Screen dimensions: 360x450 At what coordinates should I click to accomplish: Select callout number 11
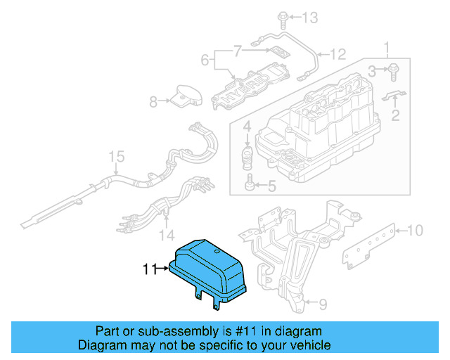tap(148, 268)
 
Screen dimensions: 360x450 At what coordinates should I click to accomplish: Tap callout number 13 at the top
tap(310, 16)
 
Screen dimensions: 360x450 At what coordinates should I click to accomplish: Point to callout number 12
tap(340, 53)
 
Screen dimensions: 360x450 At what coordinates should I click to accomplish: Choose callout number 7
tap(238, 51)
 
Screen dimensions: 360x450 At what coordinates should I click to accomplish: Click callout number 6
tap(205, 61)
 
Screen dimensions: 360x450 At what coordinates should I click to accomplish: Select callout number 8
tap(154, 102)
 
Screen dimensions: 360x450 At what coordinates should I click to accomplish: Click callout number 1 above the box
tap(385, 49)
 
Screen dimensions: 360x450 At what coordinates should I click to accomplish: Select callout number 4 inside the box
tap(247, 128)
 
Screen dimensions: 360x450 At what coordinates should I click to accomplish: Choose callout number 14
tap(167, 234)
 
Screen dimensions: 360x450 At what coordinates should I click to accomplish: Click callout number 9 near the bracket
tap(323, 304)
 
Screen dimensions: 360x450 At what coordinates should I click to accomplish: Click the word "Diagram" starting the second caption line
tap(101, 345)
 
